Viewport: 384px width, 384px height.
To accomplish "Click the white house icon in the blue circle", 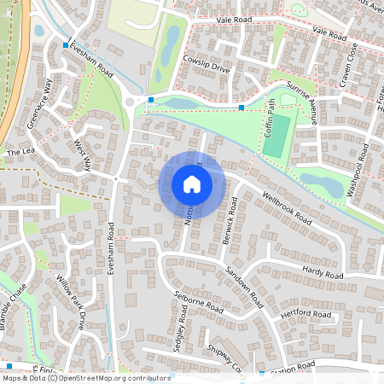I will tap(192, 183).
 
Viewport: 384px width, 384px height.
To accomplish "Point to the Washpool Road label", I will tap(363, 170).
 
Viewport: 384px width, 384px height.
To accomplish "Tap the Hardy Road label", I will tap(322, 273).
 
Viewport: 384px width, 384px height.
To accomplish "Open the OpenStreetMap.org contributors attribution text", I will tap(110, 377).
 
